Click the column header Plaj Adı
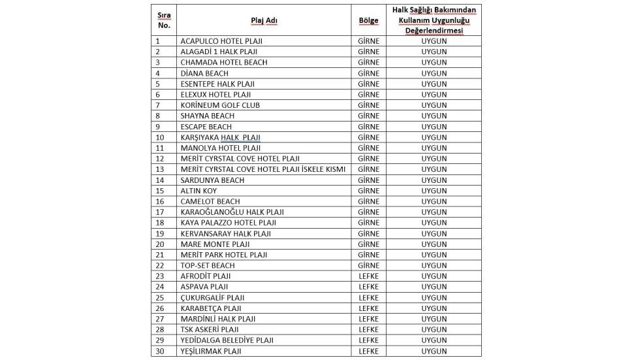pos(264,20)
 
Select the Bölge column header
pos(368,20)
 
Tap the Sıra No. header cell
pos(164,20)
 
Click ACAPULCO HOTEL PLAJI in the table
pos(221,41)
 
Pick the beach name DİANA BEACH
pos(204,73)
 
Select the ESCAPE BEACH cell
pos(206,127)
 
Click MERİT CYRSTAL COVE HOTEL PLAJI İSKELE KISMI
pos(263,169)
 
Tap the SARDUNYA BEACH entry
pos(212,180)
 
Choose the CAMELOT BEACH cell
pos(210,201)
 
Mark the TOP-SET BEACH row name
pos(208,265)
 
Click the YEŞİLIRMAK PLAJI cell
pos(211,351)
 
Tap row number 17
pos(160,212)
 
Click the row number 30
pos(160,351)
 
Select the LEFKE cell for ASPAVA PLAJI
pos(368,287)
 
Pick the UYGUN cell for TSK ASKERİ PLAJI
pos(434,329)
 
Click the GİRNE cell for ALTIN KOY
pos(368,191)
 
